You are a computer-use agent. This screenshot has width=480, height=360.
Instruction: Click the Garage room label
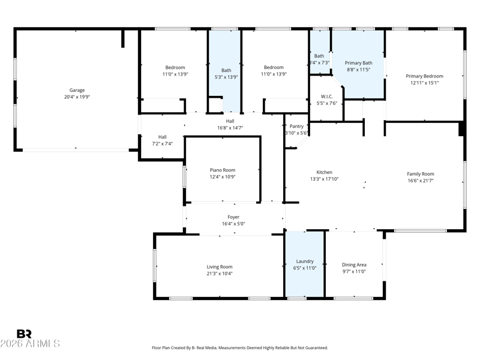pyautogui.click(x=77, y=90)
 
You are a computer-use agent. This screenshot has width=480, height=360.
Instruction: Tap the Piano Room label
pyautogui.click(x=223, y=170)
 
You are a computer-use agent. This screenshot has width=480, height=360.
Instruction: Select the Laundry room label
pyautogui.click(x=305, y=261)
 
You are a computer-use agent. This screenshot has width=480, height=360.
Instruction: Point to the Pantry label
pyautogui.click(x=296, y=126)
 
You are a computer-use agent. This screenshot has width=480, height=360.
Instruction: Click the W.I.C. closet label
pyautogui.click(x=326, y=97)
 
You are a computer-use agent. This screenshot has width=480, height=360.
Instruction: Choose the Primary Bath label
pyautogui.click(x=358, y=63)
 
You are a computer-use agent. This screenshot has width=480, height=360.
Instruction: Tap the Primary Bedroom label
pyautogui.click(x=424, y=76)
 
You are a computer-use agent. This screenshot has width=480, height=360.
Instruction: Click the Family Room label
pyautogui.click(x=421, y=174)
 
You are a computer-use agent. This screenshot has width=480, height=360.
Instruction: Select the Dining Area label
pyautogui.click(x=354, y=265)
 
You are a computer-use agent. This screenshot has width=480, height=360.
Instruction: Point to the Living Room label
pyautogui.click(x=220, y=267)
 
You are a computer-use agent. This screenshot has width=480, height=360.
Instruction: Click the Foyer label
pyautogui.click(x=233, y=217)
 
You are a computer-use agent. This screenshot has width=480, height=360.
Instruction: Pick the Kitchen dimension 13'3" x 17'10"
pyautogui.click(x=324, y=179)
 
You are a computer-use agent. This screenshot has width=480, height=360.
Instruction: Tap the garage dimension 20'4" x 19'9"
pyautogui.click(x=77, y=97)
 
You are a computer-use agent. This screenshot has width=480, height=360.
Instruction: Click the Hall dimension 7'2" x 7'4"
pyautogui.click(x=162, y=143)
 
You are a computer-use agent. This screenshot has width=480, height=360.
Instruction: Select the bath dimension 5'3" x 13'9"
pyautogui.click(x=226, y=77)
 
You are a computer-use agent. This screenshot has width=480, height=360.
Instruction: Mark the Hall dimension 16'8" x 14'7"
pyautogui.click(x=230, y=128)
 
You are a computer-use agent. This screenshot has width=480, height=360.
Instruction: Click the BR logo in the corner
pyautogui.click(x=24, y=334)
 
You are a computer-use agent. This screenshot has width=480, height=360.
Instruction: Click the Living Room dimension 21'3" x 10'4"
pyautogui.click(x=220, y=274)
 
